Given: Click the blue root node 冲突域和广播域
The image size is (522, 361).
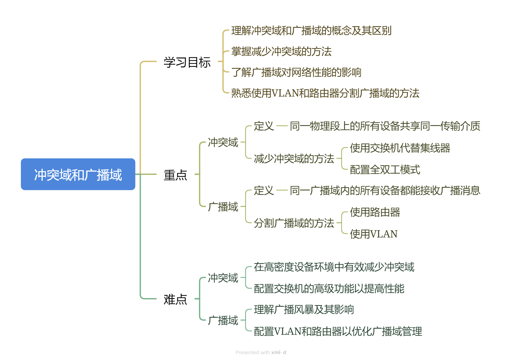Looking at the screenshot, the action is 78,174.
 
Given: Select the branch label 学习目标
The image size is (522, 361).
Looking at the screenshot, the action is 187,62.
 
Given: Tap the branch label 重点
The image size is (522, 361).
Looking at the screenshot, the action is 175,175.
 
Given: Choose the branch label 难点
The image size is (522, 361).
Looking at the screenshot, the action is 175,299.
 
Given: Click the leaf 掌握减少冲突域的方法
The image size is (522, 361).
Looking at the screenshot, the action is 281,51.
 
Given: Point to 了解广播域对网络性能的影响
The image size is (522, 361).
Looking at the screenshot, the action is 296,72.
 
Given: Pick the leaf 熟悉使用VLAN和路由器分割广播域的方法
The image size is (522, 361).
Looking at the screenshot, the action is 325,93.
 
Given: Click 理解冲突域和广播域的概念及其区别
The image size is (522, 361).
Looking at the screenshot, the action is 311,30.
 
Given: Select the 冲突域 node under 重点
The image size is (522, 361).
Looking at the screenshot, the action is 223,142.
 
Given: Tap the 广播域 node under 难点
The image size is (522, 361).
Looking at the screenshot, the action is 223,320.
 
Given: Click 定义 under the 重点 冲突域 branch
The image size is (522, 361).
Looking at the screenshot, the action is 264,126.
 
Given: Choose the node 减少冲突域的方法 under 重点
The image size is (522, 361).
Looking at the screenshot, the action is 294,159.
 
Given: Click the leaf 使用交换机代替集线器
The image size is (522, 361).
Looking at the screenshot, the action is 400,148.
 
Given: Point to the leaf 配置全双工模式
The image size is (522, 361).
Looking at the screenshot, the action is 385,170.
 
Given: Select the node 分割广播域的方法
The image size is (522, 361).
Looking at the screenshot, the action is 294,223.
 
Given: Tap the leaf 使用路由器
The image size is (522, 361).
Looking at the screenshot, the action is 375,212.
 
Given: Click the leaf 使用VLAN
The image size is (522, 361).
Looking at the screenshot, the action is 373,234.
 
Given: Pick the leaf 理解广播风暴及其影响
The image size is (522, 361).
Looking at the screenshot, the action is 304,309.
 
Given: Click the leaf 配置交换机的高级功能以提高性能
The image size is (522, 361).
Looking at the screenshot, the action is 329,289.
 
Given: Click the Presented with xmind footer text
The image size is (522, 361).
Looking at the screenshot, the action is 261,352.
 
